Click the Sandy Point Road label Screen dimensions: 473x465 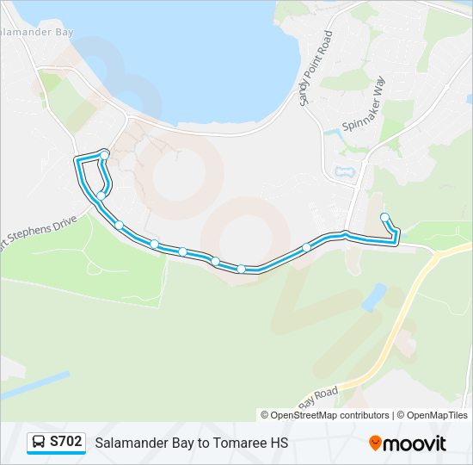(x=315, y=69)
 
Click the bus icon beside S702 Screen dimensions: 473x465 (x=39, y=443)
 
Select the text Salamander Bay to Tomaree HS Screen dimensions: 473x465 (x=191, y=443)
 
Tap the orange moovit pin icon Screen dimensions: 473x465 (x=376, y=443)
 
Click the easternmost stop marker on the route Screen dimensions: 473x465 (x=384, y=217)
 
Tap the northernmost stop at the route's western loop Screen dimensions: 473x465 (x=104, y=154)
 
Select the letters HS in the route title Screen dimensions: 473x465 (x=279, y=443)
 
